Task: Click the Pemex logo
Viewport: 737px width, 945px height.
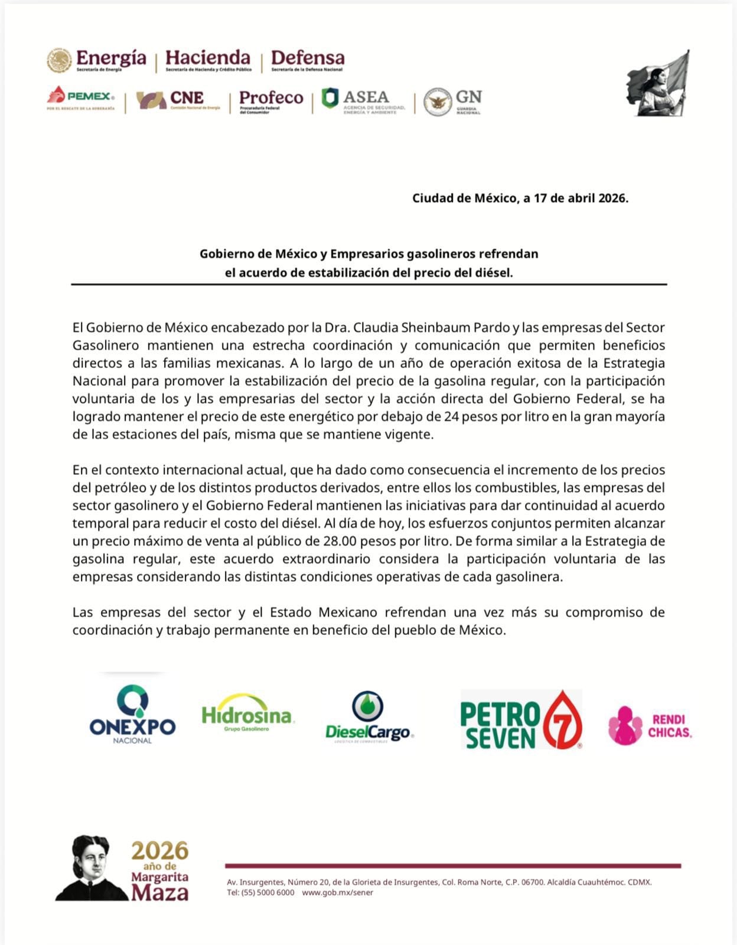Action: [81, 98]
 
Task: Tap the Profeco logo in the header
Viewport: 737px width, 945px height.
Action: [271, 100]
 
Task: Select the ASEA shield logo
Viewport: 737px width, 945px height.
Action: [330, 98]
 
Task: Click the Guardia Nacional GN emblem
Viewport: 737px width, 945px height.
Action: [438, 102]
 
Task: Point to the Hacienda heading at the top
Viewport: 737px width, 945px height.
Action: [208, 59]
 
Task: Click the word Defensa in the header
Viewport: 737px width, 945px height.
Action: [307, 59]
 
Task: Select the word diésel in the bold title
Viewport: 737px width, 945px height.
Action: [493, 273]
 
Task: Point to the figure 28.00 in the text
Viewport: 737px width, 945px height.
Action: [339, 541]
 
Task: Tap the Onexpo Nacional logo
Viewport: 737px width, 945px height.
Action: [132, 714]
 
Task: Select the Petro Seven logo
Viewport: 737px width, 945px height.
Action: [521, 719]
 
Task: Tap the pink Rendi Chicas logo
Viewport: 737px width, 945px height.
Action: [650, 725]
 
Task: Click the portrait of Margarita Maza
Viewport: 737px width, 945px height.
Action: [92, 868]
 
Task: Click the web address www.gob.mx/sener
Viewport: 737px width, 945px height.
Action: [337, 892]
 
